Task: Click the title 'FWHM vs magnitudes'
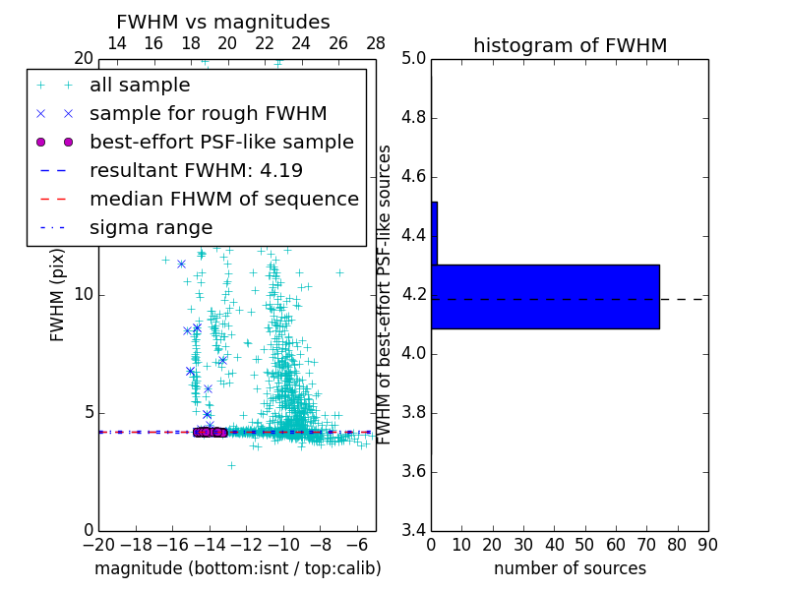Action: [222, 22]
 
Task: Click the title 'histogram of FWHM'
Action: [570, 45]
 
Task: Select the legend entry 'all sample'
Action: [140, 85]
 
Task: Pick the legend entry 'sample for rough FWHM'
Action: [208, 113]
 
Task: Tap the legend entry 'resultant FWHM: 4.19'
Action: [196, 170]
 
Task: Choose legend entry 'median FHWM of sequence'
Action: [223, 199]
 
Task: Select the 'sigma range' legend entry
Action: [151, 227]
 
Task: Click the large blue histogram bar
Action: [547, 296]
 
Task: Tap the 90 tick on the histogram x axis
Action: [707, 545]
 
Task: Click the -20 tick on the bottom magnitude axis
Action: [98, 545]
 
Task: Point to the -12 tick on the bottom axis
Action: [246, 545]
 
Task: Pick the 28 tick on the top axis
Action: [376, 43]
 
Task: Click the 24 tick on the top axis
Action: [301, 43]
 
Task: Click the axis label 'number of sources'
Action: [570, 568]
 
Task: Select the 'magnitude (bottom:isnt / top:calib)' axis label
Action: [237, 568]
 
